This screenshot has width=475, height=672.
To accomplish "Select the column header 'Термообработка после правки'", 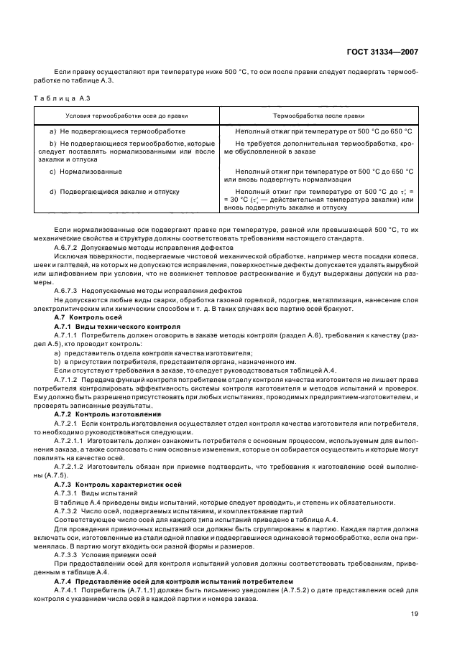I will tap(318, 116).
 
